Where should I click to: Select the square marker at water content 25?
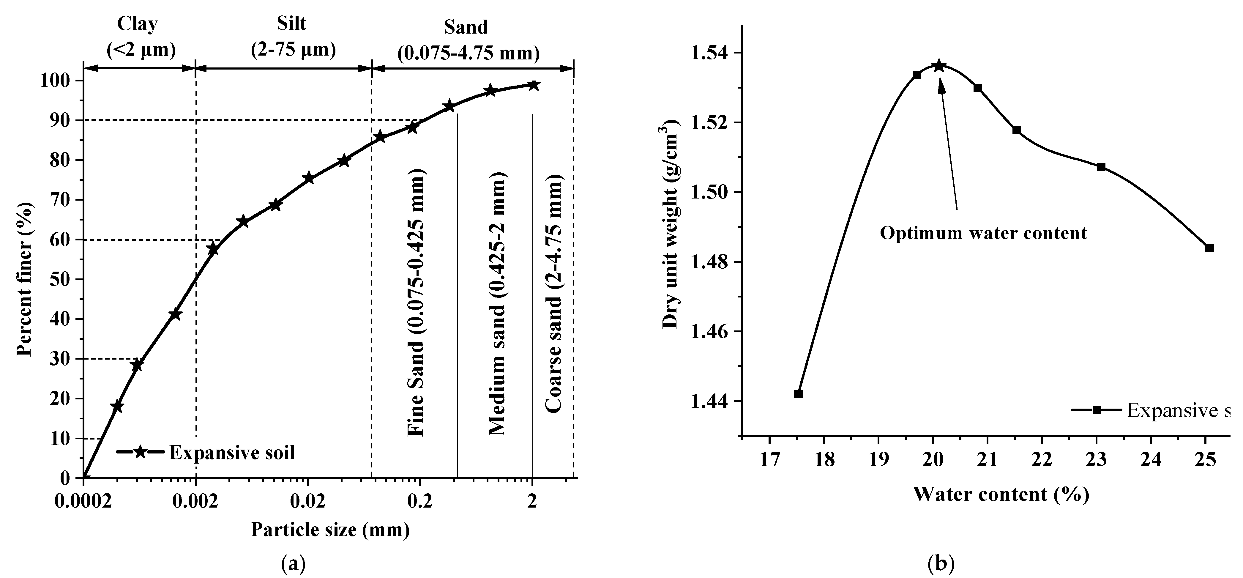(1209, 248)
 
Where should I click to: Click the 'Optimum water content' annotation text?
(983, 233)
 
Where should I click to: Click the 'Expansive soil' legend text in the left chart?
(232, 453)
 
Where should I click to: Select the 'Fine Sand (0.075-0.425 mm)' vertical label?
(416, 303)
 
